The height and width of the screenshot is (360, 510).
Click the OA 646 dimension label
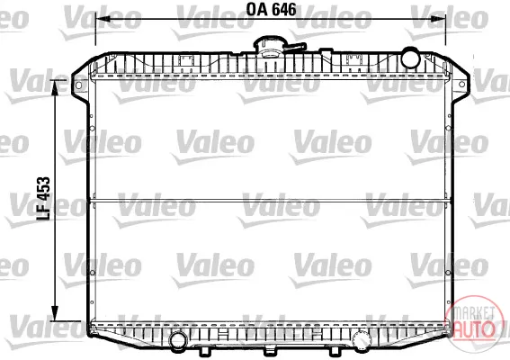[272, 9]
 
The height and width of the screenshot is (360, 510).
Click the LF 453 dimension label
[43, 199]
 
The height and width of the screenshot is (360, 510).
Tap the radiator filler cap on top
[269, 47]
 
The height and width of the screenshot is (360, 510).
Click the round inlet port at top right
[410, 58]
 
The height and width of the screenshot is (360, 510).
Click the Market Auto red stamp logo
[474, 320]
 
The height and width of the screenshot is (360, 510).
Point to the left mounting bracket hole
[78, 85]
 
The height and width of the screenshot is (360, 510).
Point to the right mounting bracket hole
[461, 85]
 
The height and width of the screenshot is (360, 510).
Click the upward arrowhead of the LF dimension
[55, 88]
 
